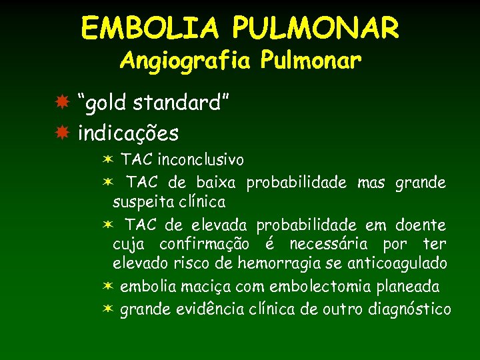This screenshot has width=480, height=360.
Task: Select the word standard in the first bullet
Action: click(x=185, y=104)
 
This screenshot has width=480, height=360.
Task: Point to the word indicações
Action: click(x=128, y=133)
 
